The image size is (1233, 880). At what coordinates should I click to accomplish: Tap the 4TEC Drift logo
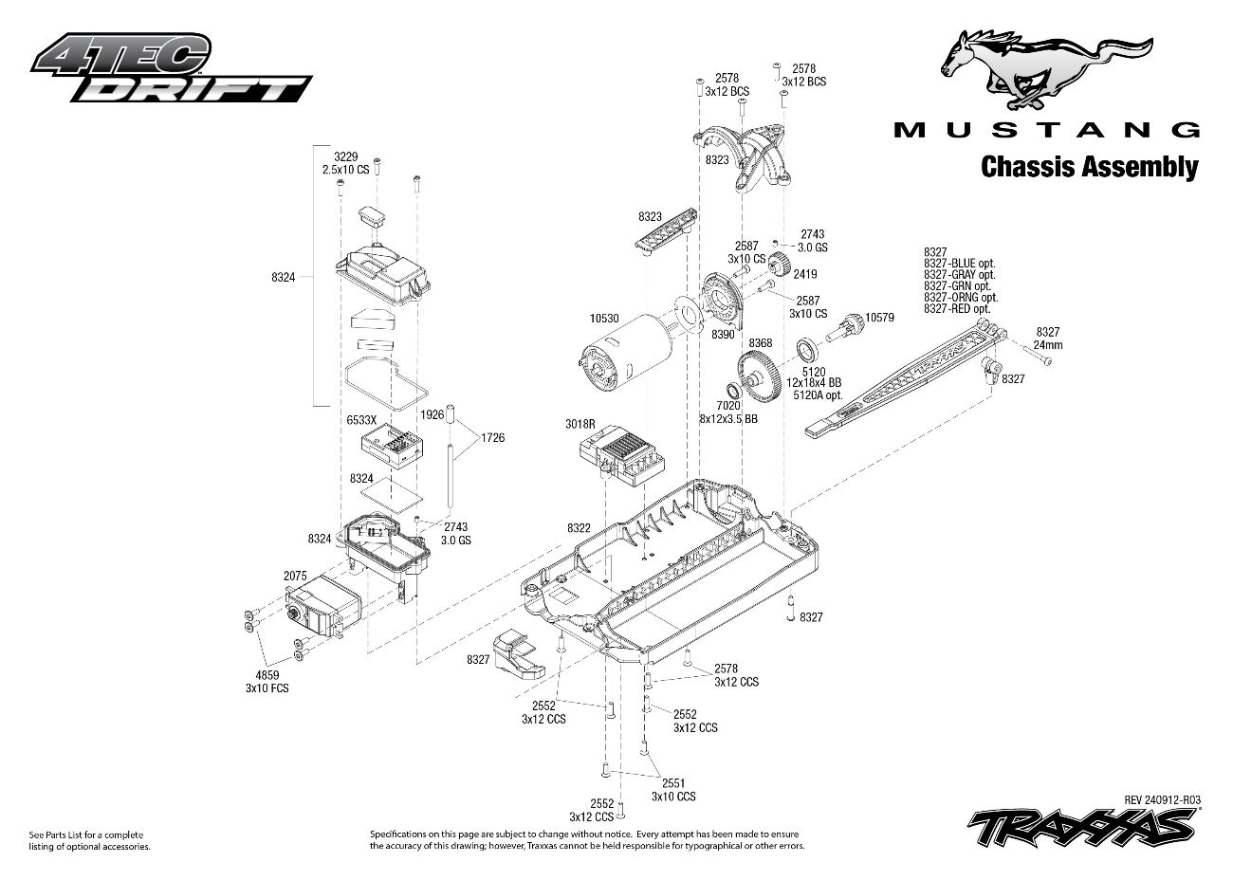click(x=171, y=68)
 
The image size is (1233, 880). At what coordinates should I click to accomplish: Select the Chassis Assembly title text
click(x=1089, y=167)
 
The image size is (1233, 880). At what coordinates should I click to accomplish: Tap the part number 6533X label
click(x=360, y=418)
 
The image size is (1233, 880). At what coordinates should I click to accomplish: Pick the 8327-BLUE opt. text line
click(x=957, y=264)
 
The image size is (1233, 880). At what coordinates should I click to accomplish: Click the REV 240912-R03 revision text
click(x=1162, y=799)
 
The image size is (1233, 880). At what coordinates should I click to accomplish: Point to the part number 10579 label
click(x=879, y=318)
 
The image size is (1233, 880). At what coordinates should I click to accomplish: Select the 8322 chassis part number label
click(x=579, y=527)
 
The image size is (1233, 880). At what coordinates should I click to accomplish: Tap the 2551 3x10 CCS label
click(x=673, y=790)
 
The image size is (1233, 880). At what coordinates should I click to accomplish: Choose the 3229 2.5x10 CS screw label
click(x=345, y=162)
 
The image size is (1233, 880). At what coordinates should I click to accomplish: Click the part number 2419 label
click(x=805, y=274)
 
